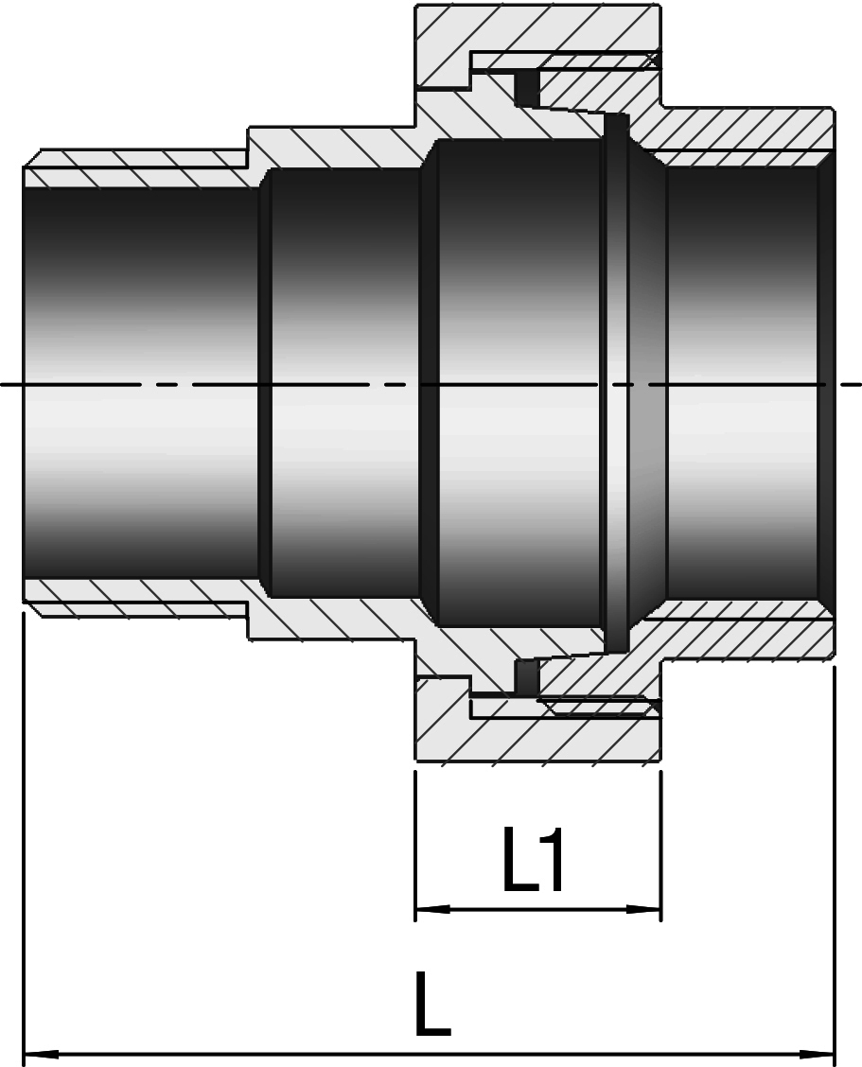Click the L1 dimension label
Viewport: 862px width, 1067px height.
click(533, 860)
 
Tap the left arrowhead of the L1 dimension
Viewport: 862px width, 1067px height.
click(432, 909)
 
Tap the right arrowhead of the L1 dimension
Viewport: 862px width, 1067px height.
click(643, 909)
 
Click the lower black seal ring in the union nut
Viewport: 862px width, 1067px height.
click(527, 676)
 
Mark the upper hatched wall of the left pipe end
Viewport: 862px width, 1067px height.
click(136, 166)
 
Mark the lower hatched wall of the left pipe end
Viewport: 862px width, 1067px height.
click(136, 599)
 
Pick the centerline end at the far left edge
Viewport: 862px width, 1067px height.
click(1, 384)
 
